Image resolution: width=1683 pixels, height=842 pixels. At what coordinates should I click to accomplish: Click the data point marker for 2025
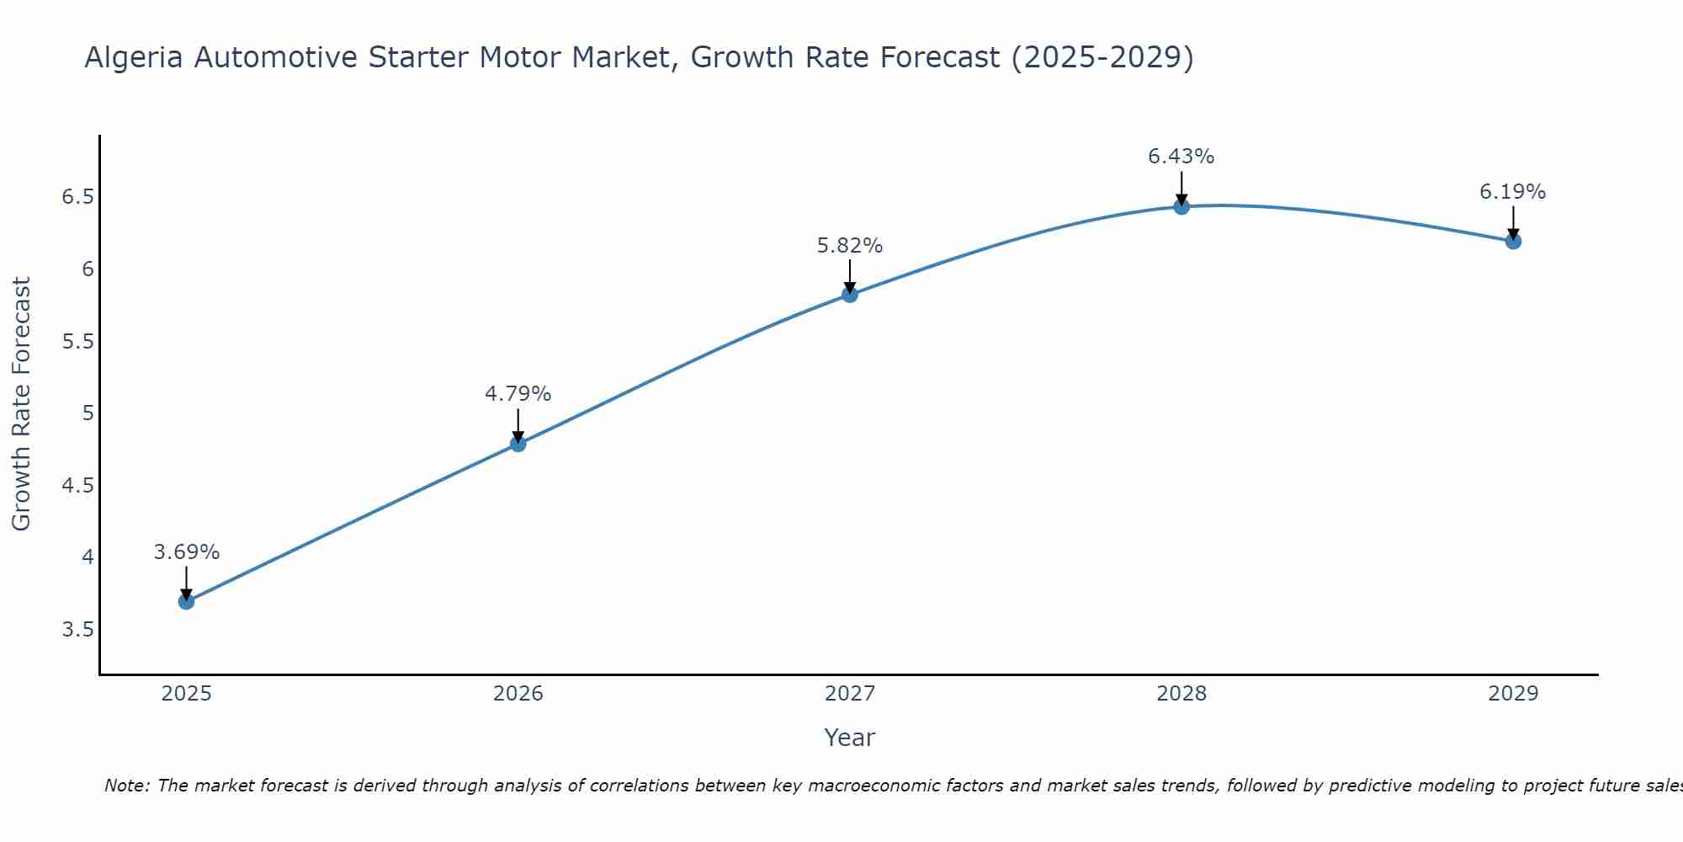tap(187, 601)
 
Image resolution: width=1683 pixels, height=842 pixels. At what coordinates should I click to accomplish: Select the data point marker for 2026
tap(518, 444)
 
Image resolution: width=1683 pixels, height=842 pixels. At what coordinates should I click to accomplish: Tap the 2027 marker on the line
tap(850, 295)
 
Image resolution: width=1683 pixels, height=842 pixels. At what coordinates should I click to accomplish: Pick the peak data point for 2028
tap(1181, 206)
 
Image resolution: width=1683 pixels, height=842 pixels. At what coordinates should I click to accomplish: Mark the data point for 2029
tap(1513, 242)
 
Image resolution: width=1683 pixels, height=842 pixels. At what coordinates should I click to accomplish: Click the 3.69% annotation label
tap(187, 552)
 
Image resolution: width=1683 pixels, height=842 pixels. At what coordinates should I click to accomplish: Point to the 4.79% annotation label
tap(518, 394)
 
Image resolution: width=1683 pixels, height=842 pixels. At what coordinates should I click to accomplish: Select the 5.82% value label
tap(850, 246)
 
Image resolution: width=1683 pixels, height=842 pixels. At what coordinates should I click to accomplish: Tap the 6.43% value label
tap(1181, 157)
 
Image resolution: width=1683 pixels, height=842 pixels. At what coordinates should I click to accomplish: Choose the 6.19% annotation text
tap(1513, 192)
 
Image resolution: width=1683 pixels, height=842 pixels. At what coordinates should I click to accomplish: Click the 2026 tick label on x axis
tap(518, 694)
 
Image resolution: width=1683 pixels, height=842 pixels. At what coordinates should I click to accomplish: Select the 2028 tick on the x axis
tap(1181, 694)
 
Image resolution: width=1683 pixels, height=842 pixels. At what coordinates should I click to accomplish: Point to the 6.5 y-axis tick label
tap(77, 198)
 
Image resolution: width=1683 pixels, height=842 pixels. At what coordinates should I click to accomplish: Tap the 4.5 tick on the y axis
tap(77, 486)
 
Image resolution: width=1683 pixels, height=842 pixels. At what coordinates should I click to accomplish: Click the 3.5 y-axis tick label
tap(77, 630)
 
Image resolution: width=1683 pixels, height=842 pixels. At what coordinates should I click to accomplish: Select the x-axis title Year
tap(850, 738)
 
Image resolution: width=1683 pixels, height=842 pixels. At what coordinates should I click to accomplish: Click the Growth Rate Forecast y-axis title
tap(22, 404)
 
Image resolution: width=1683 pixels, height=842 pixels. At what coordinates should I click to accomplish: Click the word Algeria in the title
tap(134, 58)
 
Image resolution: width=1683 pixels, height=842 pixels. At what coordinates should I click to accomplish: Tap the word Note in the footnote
tap(126, 786)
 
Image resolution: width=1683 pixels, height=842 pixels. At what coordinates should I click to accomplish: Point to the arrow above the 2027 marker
tap(850, 274)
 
